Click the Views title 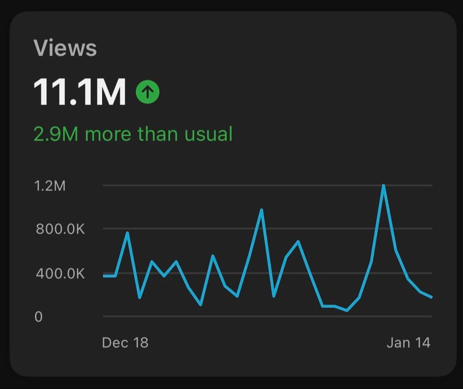pos(65,48)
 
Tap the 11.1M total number pos(80,92)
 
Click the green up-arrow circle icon pos(148,92)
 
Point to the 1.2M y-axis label pos(50,186)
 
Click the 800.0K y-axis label pos(60,229)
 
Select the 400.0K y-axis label pos(60,274)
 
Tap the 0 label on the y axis pos(38,317)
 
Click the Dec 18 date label pos(125,342)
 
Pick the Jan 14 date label pos(408,342)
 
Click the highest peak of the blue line pos(383,186)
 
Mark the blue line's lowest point pos(347,310)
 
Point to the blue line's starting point pos(104,276)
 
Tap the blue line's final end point pos(432,297)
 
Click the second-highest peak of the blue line pos(261,210)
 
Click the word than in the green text pos(155,134)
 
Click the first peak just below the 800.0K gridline pos(127,233)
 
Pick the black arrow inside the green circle pos(148,92)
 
